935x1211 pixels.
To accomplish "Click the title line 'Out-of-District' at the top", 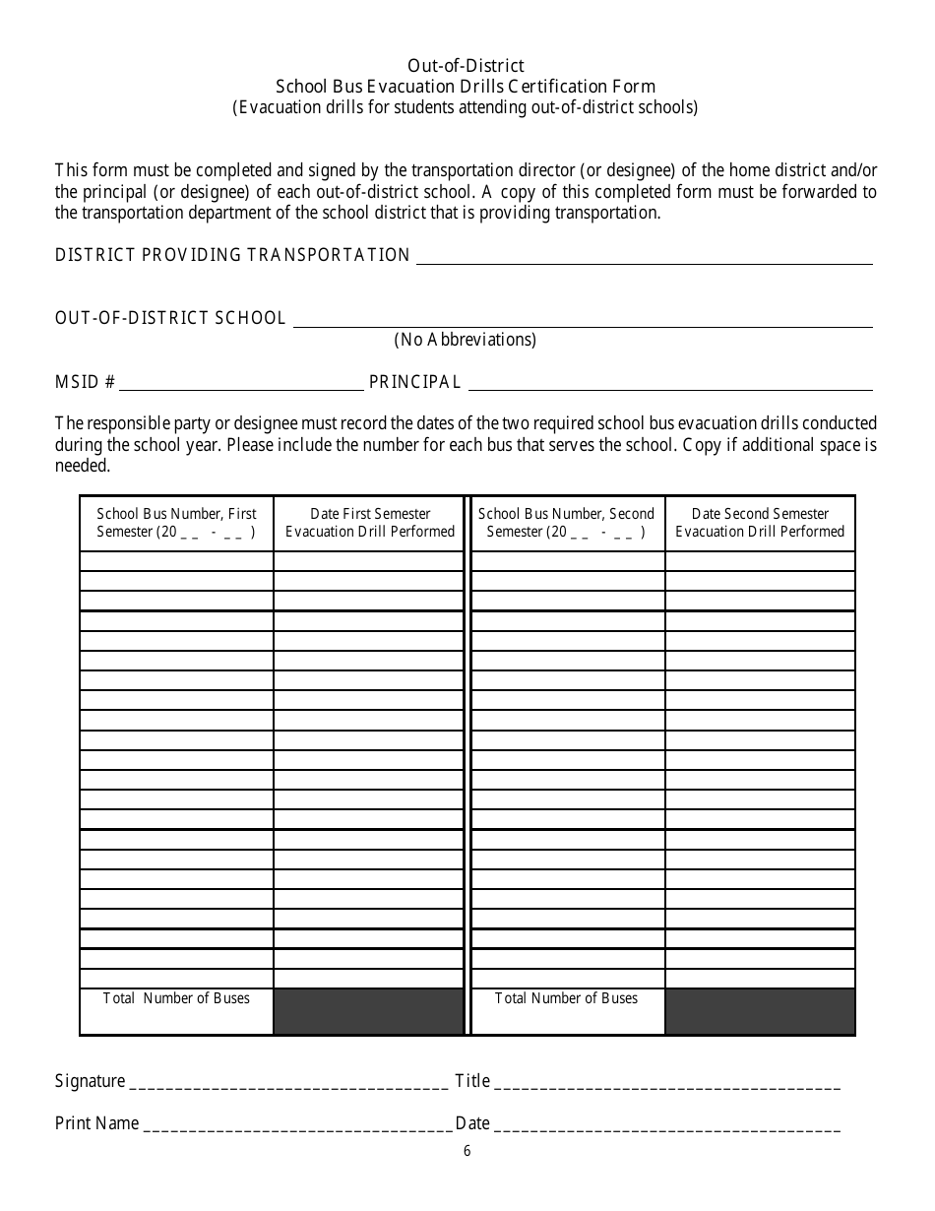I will point(467,65).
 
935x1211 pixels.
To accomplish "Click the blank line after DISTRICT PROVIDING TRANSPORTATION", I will point(644,257).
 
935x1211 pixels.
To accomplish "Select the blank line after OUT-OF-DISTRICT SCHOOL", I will point(583,320).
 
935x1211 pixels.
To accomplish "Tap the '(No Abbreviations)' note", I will point(466,340).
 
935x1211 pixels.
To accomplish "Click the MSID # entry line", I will point(241,383).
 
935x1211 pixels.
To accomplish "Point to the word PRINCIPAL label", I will point(414,382).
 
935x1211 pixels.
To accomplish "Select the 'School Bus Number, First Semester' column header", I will point(176,523).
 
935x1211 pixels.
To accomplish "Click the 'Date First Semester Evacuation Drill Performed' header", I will point(370,523).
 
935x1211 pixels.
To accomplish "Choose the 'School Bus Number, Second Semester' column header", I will point(566,523).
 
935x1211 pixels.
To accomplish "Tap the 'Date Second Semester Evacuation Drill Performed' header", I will point(760,523).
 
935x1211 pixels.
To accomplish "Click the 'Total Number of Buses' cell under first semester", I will point(176,999).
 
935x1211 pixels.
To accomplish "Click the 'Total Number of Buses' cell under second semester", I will point(566,999).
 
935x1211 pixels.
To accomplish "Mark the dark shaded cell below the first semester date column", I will point(368,1011).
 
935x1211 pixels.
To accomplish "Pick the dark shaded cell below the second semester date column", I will point(760,1011).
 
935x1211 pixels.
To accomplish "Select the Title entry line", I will point(666,1083).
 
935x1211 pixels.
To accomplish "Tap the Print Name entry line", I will point(297,1125).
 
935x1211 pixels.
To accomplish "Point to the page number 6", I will point(467,1152).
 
